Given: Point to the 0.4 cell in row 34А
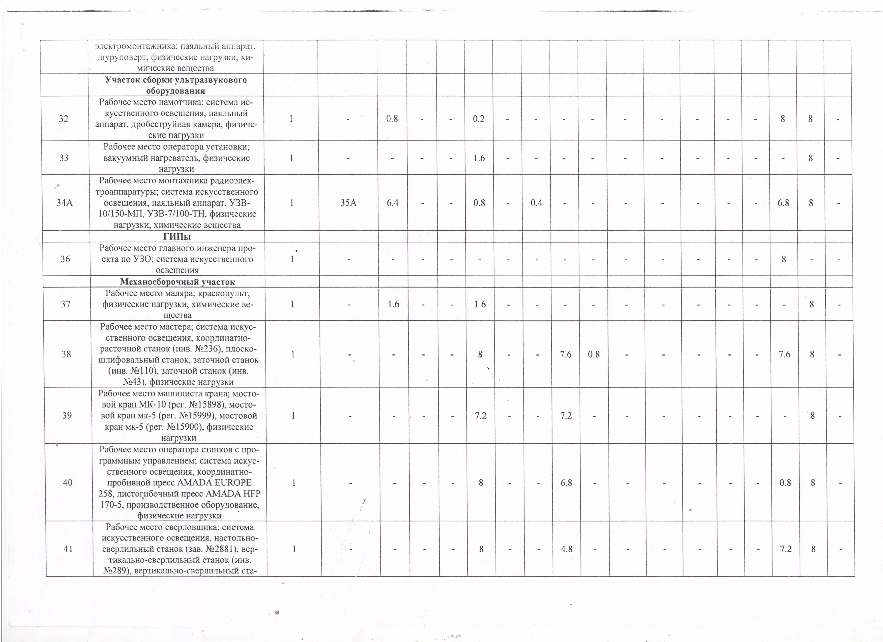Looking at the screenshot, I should pos(536,203).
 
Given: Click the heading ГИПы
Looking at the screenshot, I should pos(176,237).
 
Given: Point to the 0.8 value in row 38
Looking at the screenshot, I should pos(594,354).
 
